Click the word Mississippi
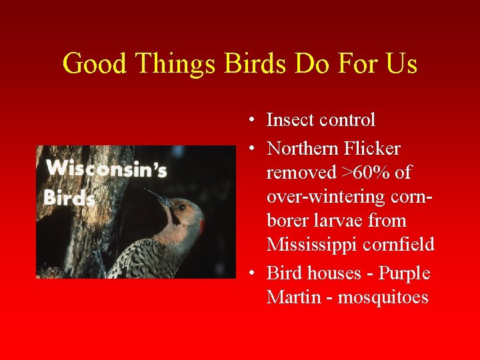(x=314, y=245)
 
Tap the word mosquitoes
(x=383, y=297)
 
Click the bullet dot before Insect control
(x=247, y=121)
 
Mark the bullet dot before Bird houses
(x=247, y=273)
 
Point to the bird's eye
(x=182, y=207)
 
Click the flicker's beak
(x=159, y=198)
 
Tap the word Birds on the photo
(x=70, y=198)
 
